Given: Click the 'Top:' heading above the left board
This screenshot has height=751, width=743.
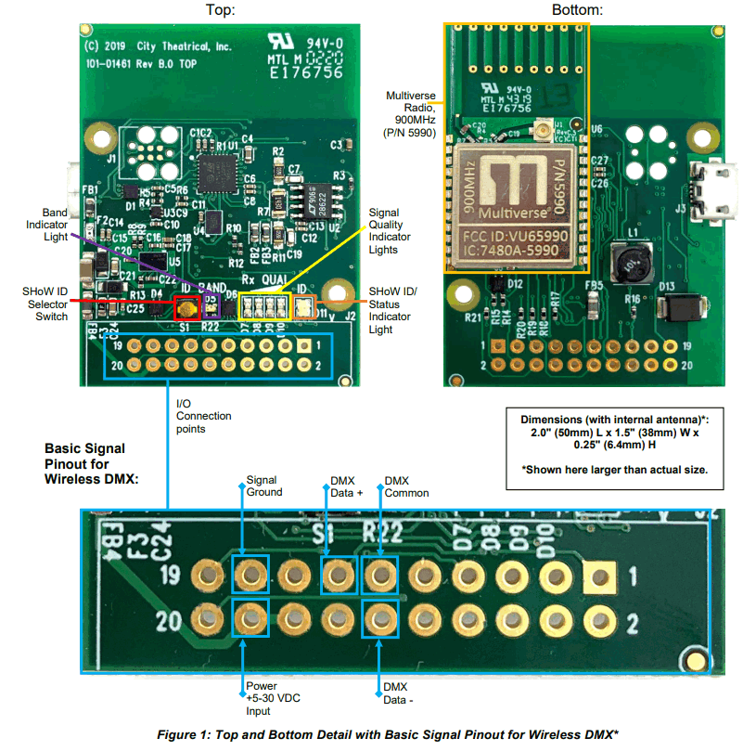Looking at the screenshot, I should point(219,10).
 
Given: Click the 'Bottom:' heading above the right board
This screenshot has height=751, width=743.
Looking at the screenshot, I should point(577,10).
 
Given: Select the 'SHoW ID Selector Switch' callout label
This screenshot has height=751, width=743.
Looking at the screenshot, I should point(45,304).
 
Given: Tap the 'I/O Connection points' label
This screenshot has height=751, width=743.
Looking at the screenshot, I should point(203,416).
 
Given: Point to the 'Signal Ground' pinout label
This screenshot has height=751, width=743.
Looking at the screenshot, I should point(264,486).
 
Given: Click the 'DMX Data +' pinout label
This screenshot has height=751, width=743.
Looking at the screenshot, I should point(344,486).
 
